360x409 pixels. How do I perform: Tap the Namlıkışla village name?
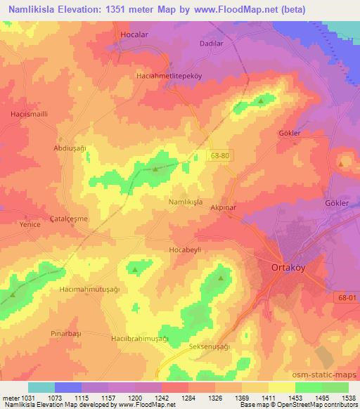pyautogui.click(x=186, y=201)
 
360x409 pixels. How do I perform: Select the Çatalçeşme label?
pyautogui.click(x=69, y=219)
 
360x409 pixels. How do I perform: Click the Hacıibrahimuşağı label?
pyautogui.click(x=140, y=338)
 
